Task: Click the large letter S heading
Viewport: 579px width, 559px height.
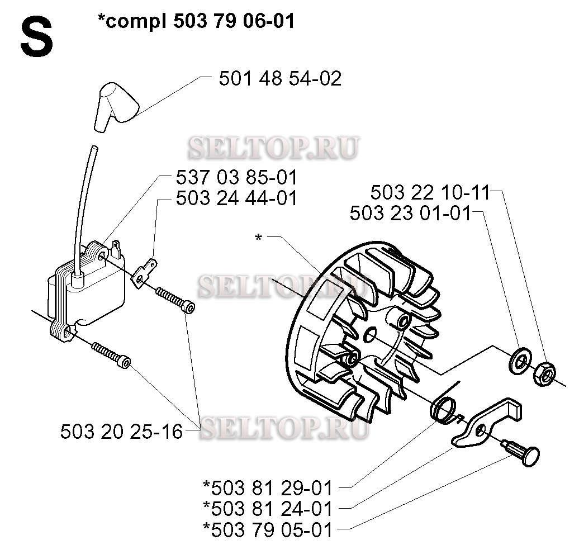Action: [36, 39]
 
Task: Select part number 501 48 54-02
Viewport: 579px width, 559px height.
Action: [280, 78]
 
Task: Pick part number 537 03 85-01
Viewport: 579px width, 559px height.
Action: [237, 177]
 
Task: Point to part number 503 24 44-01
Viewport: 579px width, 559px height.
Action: [237, 198]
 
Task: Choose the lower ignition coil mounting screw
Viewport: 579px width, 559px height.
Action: [111, 355]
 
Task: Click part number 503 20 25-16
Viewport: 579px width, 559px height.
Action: [121, 431]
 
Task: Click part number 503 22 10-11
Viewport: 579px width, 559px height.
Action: [430, 192]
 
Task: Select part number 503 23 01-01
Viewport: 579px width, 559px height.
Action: [411, 213]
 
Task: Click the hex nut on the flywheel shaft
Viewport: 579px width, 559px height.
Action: [544, 374]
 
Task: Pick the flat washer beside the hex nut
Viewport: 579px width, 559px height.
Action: [519, 361]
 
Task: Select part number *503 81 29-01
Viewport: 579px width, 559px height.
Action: [268, 487]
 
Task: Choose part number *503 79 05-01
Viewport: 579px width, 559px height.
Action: [268, 529]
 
